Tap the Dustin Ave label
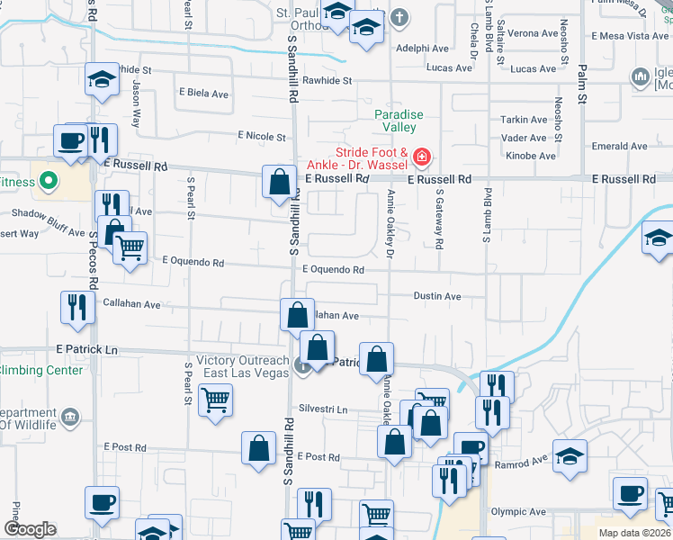click(437, 296)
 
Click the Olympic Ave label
click(518, 512)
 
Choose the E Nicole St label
click(261, 137)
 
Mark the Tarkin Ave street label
click(524, 120)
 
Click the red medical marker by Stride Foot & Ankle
click(420, 159)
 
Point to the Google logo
click(29, 529)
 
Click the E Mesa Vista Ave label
click(630, 36)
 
